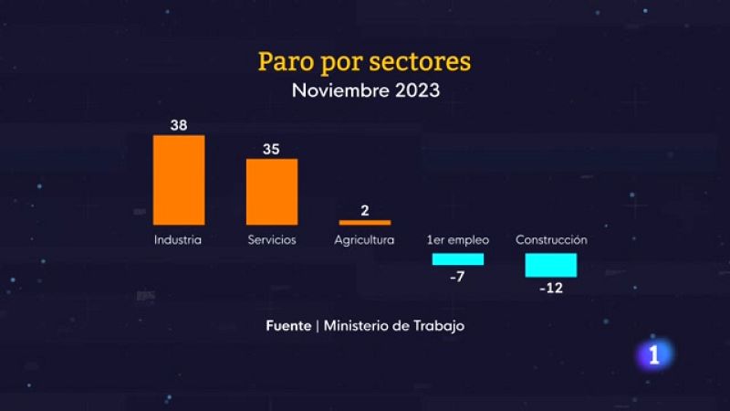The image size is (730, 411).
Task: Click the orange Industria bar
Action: point(179,180)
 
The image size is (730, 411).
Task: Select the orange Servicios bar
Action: point(272,192)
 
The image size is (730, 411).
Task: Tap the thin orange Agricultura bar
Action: point(365,222)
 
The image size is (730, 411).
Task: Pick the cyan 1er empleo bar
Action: point(458,259)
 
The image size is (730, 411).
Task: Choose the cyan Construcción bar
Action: point(551,265)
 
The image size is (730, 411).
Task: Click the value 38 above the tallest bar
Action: point(179,125)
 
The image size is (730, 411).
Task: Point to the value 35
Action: point(272,149)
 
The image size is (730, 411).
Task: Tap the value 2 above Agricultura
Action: point(365,211)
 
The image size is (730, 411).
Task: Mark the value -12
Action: point(551,288)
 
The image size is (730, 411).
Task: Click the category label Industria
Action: point(178,240)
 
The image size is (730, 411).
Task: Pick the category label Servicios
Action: point(272,240)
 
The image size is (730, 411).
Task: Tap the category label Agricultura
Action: point(364,240)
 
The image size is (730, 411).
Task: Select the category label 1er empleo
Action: point(458,240)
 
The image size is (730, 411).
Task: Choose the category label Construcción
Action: point(551,240)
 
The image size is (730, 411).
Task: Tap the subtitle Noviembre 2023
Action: point(365,90)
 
